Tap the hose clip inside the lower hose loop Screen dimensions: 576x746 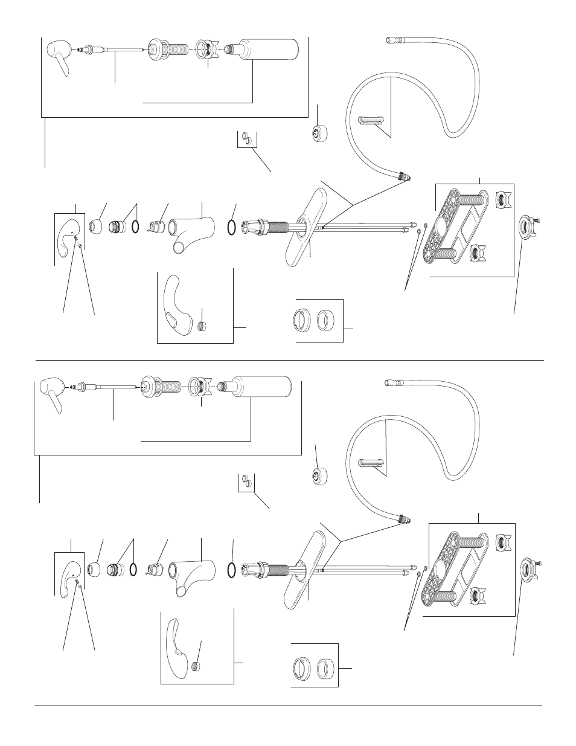click(x=374, y=463)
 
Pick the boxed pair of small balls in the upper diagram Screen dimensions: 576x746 click(x=246, y=138)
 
